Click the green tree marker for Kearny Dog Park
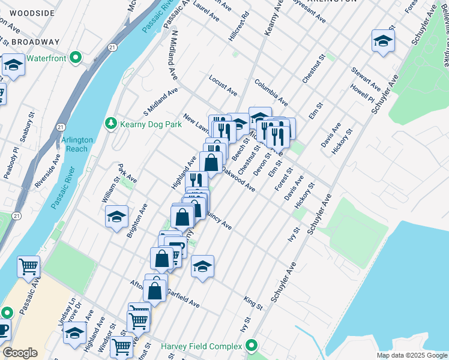[x=110, y=124]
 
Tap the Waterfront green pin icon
[x=76, y=58]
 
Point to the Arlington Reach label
[x=77, y=144]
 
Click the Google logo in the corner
[x=20, y=353]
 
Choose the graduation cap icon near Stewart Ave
[x=382, y=41]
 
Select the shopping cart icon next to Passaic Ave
[x=28, y=266]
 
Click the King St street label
[x=253, y=302]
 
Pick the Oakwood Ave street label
[x=238, y=179]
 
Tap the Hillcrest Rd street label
[x=238, y=26]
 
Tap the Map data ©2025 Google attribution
[x=411, y=355]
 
